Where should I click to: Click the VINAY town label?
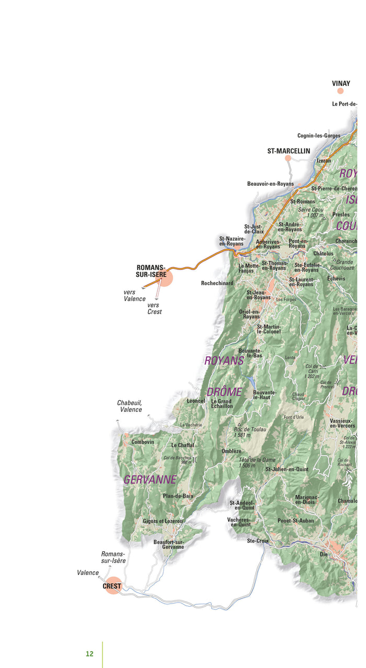341,83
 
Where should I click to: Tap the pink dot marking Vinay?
340,91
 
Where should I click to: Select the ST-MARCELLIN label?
289,151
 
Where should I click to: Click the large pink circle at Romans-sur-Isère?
165,278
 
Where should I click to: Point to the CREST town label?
112,586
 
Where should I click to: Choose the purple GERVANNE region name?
150,480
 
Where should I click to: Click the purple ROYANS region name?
224,360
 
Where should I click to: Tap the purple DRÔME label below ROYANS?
224,392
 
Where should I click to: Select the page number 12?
89,654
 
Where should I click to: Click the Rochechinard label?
217,283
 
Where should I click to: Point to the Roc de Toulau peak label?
250,432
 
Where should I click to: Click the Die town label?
324,553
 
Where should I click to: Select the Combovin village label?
143,442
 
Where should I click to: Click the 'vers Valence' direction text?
134,296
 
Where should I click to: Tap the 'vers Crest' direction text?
154,308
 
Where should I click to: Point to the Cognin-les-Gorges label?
319,136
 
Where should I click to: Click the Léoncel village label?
196,401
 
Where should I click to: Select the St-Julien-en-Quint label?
287,469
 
